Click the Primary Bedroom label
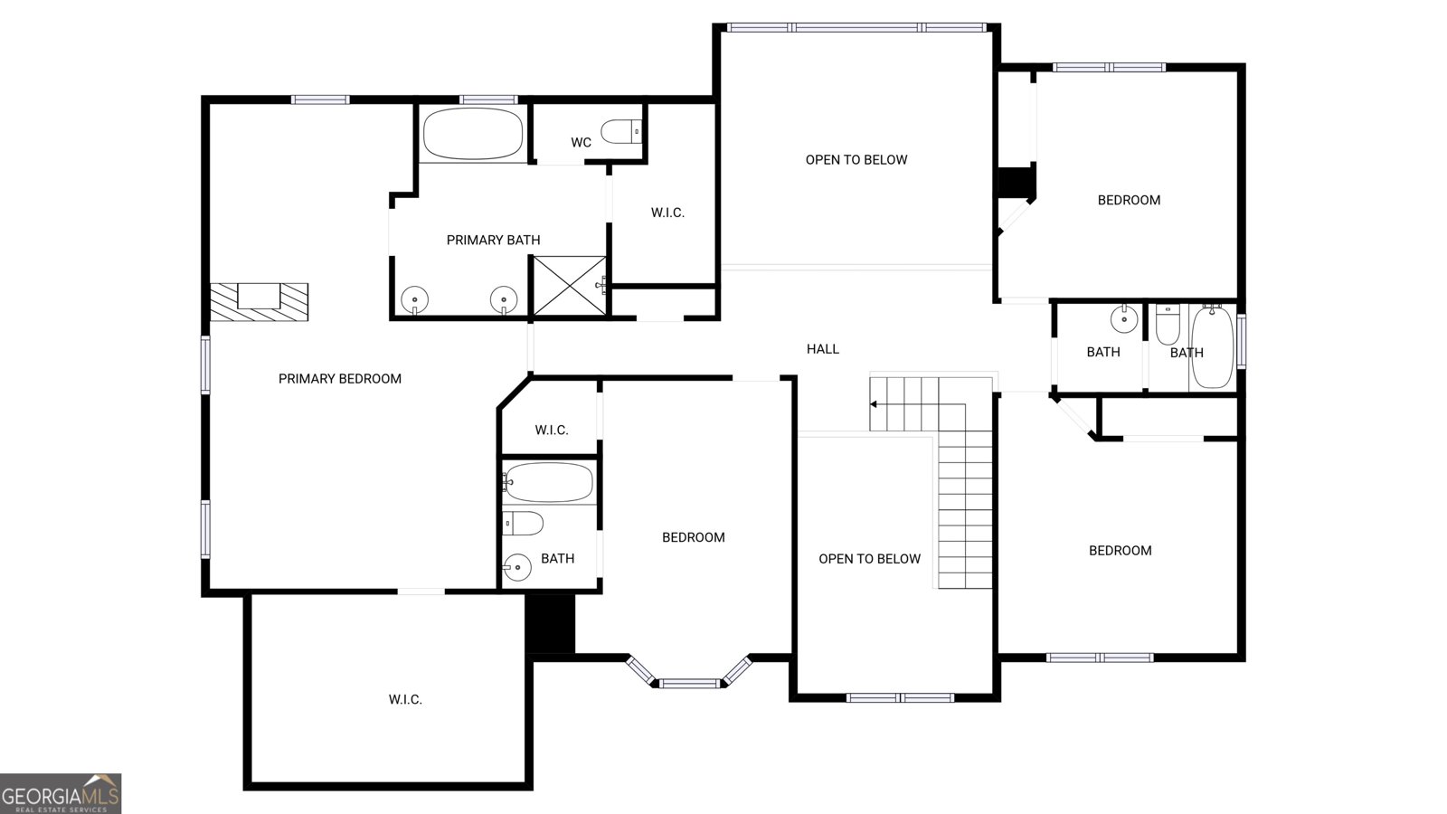(x=340, y=379)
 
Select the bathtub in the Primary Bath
(x=473, y=133)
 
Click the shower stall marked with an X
(x=569, y=286)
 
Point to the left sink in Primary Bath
(x=414, y=299)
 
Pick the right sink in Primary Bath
(x=503, y=299)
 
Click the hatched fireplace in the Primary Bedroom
(x=259, y=302)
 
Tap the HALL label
(x=823, y=349)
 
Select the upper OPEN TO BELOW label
(x=856, y=159)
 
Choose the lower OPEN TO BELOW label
(x=869, y=559)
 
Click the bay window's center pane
(x=689, y=683)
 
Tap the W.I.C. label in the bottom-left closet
(x=405, y=699)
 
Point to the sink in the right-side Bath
(x=1124, y=318)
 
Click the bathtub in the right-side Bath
(x=1213, y=347)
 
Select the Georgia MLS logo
(x=60, y=793)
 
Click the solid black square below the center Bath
(x=550, y=624)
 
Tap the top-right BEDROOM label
(x=1129, y=200)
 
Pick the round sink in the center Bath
(x=517, y=568)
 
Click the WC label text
(x=581, y=142)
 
